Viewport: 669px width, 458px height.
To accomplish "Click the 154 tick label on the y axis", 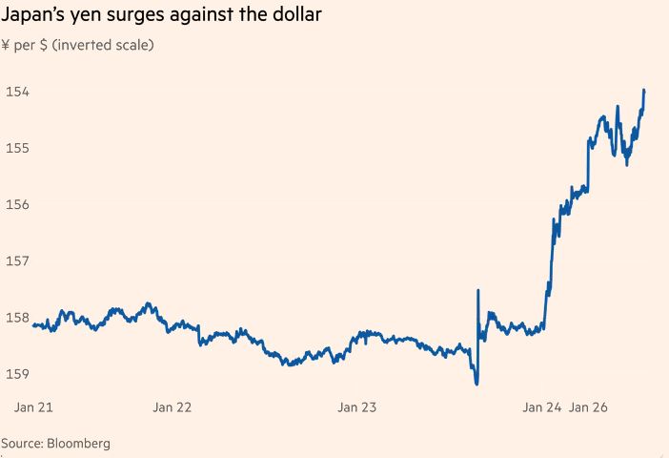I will click(17, 92).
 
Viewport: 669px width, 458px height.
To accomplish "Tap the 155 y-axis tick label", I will click(17, 148).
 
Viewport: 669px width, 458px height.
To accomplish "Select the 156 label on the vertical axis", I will click(17, 204).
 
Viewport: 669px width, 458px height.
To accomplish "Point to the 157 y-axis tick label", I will click(17, 260).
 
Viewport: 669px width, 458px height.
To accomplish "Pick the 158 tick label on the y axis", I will click(17, 317).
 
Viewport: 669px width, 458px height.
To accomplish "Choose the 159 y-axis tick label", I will click(17, 373).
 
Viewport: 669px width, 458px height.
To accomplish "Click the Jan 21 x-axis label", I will click(33, 407).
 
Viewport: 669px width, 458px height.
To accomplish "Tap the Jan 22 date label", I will click(172, 407).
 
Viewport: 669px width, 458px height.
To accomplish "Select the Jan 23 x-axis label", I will click(357, 407).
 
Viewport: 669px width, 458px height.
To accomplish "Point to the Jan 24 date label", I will click(541, 407).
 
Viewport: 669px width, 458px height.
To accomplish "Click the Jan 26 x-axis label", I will click(588, 407).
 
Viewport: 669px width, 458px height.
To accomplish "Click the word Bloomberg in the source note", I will click(79, 444).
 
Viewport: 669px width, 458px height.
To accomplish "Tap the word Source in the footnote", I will click(21, 444).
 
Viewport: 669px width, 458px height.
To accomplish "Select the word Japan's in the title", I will click(34, 17).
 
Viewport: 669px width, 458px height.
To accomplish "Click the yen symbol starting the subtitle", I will click(7, 45).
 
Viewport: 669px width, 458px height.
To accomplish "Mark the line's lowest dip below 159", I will click(476, 384).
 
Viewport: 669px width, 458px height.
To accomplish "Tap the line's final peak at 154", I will click(644, 91).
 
